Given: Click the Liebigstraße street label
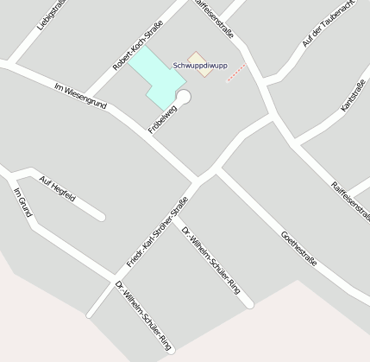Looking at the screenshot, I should [x=50, y=16].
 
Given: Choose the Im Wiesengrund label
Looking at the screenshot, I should [x=80, y=95].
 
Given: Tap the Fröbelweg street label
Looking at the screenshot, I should [x=162, y=119].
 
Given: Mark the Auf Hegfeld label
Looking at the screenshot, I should [x=58, y=187].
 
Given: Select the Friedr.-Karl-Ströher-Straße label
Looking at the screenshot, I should [x=157, y=231].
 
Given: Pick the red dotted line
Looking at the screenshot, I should [x=235, y=72].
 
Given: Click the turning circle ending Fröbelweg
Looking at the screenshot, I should [x=183, y=96].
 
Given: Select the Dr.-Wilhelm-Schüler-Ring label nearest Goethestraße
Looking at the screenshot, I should [x=211, y=259].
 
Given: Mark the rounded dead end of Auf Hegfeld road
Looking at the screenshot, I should [x=101, y=216].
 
